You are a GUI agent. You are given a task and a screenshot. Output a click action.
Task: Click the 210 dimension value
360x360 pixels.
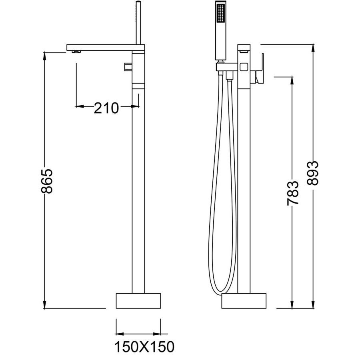tap(106, 108)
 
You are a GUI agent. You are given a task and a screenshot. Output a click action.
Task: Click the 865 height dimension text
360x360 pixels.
tap(47, 181)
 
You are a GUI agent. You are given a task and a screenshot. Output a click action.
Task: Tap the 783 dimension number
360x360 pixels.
tap(293, 193)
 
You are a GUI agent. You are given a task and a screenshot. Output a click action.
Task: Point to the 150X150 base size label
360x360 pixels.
tap(144, 347)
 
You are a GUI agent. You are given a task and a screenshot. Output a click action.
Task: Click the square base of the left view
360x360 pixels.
tap(138, 301)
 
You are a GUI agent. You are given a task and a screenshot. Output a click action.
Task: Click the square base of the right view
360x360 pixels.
tap(244, 301)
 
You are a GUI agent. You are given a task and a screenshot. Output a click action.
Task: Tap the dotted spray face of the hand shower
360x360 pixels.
tap(221, 13)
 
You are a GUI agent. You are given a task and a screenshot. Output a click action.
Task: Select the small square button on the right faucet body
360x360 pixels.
tap(244, 67)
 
